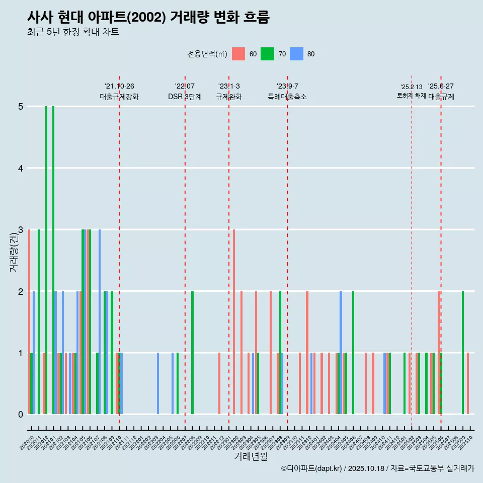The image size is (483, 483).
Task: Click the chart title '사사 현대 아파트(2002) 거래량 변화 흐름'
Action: tap(148, 18)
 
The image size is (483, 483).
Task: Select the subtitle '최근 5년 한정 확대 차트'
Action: tap(73, 33)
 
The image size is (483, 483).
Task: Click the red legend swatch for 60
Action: tap(238, 54)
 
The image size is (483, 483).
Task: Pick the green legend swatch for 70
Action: tap(267, 54)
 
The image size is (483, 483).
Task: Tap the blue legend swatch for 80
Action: tap(296, 54)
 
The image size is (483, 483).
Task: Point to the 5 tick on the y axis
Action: tap(21, 107)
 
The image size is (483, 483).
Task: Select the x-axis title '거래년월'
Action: tap(251, 456)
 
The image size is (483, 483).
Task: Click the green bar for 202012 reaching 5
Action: tap(46, 260)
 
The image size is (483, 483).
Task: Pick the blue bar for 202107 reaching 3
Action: tap(100, 322)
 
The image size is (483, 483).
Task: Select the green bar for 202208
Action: tap(192, 353)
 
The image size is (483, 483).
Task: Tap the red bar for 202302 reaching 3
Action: tap(234, 322)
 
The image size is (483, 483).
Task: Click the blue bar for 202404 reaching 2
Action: tap(341, 353)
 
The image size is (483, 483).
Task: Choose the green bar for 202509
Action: tap(463, 353)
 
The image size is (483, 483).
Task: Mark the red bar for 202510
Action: tap(468, 383)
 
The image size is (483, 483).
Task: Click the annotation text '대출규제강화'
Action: tap(119, 97)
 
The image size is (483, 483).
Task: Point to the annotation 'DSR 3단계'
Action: tap(185, 97)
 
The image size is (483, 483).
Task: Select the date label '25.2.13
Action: tap(412, 87)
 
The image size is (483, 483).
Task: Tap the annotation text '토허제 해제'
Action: tap(411, 96)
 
